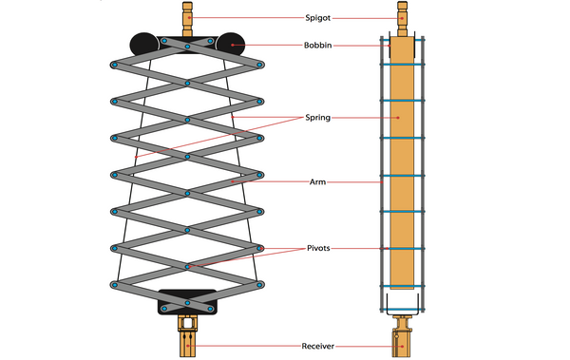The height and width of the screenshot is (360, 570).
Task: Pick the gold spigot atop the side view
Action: click(403, 17)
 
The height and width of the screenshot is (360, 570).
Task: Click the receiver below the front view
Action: click(188, 337)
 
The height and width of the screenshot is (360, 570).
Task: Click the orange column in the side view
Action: click(403, 161)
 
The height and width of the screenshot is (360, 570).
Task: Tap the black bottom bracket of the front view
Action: click(188, 300)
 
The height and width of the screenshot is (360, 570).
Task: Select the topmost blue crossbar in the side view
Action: click(403, 65)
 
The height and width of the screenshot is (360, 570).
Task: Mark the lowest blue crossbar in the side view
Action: click(403, 286)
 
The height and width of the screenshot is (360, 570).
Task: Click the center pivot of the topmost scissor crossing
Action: click(188, 84)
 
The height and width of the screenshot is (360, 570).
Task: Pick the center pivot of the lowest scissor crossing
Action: click(188, 267)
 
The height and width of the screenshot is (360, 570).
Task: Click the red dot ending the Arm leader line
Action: click(231, 180)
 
